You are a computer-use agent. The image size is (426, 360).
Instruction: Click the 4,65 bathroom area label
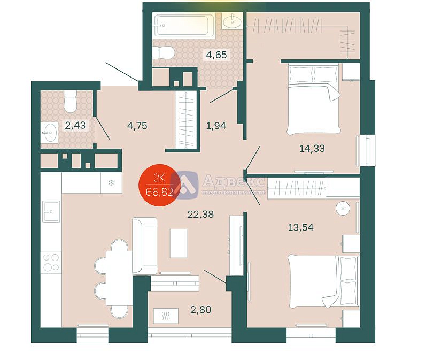(x=216, y=55)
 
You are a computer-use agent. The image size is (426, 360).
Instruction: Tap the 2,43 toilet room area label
(x=75, y=125)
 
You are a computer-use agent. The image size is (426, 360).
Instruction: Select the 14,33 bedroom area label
(x=312, y=149)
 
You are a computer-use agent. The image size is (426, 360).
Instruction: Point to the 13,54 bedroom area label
(x=300, y=227)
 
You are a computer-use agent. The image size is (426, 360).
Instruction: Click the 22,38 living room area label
(x=200, y=215)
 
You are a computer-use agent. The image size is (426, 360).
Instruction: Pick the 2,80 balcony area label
(x=201, y=310)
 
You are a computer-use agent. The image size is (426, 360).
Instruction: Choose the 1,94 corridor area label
(x=216, y=126)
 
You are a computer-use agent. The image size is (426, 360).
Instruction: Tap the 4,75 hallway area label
(x=137, y=126)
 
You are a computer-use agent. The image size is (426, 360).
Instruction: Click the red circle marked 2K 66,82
(x=159, y=185)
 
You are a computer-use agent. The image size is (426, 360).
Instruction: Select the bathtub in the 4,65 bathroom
(x=182, y=25)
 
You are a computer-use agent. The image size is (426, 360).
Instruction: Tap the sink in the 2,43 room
(x=49, y=133)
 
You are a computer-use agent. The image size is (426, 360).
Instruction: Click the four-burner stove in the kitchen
(x=51, y=263)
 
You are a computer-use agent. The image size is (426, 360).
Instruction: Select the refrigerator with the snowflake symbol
(x=111, y=183)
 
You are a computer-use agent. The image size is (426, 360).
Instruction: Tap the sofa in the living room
(x=144, y=246)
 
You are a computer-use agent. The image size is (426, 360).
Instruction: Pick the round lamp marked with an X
(x=343, y=209)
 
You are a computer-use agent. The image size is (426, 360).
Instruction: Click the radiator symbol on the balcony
(x=166, y=316)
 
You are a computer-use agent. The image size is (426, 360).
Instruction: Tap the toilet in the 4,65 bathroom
(x=163, y=52)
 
